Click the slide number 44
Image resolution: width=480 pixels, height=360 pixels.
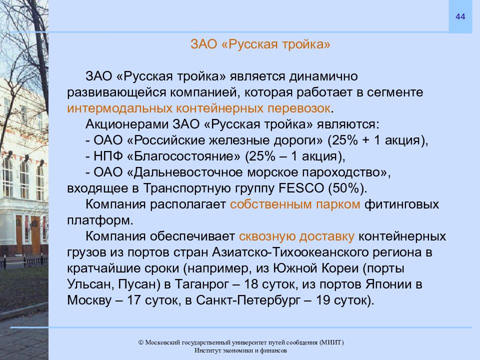point(460,17)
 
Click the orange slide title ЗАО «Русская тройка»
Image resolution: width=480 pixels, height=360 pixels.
point(260,44)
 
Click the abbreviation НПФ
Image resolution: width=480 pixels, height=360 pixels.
point(104,156)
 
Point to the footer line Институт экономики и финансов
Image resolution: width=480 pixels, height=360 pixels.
point(240,351)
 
